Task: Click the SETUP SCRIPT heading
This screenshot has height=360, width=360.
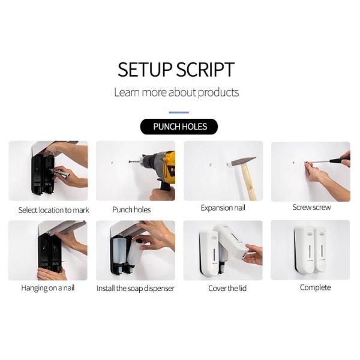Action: [x=176, y=69]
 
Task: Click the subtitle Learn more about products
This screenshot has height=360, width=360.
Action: [x=176, y=92]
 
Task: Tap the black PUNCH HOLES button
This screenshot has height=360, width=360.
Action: [x=179, y=127]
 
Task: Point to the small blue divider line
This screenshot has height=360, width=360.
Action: [x=179, y=112]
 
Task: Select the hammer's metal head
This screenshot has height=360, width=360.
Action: [x=243, y=161]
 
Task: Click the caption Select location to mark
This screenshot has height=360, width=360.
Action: [x=54, y=210]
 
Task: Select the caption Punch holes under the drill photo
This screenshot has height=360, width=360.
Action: [x=131, y=209]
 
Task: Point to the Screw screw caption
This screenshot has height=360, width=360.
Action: [x=311, y=208]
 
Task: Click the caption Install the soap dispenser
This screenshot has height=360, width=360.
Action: [x=136, y=289]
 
